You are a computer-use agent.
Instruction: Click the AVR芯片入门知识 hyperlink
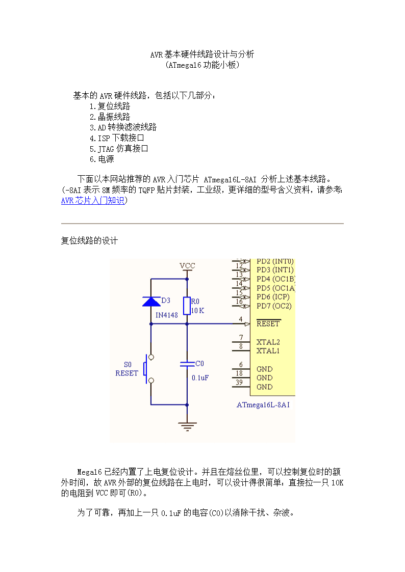pos(93,200)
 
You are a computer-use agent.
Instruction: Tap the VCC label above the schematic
pos(187,265)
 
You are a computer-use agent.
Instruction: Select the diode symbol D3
pos(151,302)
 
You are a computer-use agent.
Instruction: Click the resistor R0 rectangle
pos(187,306)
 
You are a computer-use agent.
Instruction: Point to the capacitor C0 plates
pos(187,364)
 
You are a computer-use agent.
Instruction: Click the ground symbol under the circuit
pos(187,426)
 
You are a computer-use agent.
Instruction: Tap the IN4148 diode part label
pos(166,315)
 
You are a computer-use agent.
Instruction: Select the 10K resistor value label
pos(197,310)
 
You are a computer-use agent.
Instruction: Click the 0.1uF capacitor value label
pos(200,377)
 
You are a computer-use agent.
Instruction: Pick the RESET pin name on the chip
pos(268,323)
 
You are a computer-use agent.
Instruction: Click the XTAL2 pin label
pos(268,342)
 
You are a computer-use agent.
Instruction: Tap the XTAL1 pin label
pos(268,350)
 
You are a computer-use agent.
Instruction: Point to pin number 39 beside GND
pos(239,383)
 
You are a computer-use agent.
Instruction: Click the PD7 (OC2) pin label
pos(274,306)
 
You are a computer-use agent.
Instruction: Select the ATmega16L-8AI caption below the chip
pos(263,404)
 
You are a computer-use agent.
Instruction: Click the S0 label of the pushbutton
pos(128,364)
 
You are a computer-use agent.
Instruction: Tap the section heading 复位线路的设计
pos(89,240)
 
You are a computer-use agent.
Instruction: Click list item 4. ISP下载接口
pos(117,138)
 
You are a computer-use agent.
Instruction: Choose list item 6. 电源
pos(102,159)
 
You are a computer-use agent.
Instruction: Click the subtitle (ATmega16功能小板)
pos(202,65)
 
